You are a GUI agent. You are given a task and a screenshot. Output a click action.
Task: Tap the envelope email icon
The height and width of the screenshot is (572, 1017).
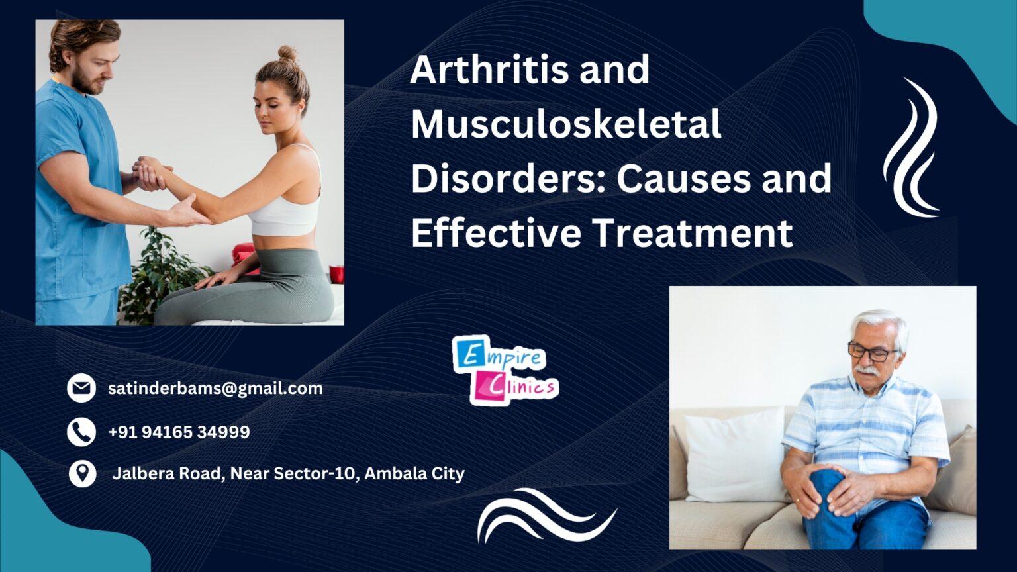coord(81,388)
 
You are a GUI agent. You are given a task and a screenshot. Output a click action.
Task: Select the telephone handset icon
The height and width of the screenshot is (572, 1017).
coord(81,432)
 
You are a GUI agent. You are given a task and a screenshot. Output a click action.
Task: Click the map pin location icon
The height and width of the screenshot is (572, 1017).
coord(82,474)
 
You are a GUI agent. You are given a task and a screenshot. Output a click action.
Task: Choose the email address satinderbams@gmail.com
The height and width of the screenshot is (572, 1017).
coord(215,388)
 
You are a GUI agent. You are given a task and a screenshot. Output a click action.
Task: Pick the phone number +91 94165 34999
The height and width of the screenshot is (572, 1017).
coord(179,432)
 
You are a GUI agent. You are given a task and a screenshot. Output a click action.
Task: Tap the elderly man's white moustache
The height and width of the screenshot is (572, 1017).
coord(868,369)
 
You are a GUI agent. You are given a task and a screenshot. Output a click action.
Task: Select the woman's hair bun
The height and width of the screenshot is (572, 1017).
coord(287,54)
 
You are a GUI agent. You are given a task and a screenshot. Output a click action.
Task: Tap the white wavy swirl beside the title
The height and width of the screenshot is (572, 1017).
coord(913,148)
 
